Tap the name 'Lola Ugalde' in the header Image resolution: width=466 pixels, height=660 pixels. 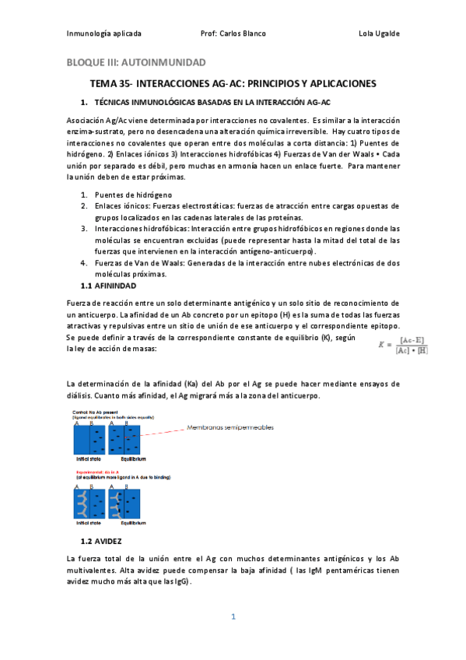tap(379, 33)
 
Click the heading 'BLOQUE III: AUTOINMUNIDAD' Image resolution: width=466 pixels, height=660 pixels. tap(135, 62)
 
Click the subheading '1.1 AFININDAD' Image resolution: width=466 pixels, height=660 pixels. tap(108, 286)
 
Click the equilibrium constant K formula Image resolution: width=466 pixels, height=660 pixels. tap(402, 345)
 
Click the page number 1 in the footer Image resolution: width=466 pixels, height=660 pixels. tap(233, 617)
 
